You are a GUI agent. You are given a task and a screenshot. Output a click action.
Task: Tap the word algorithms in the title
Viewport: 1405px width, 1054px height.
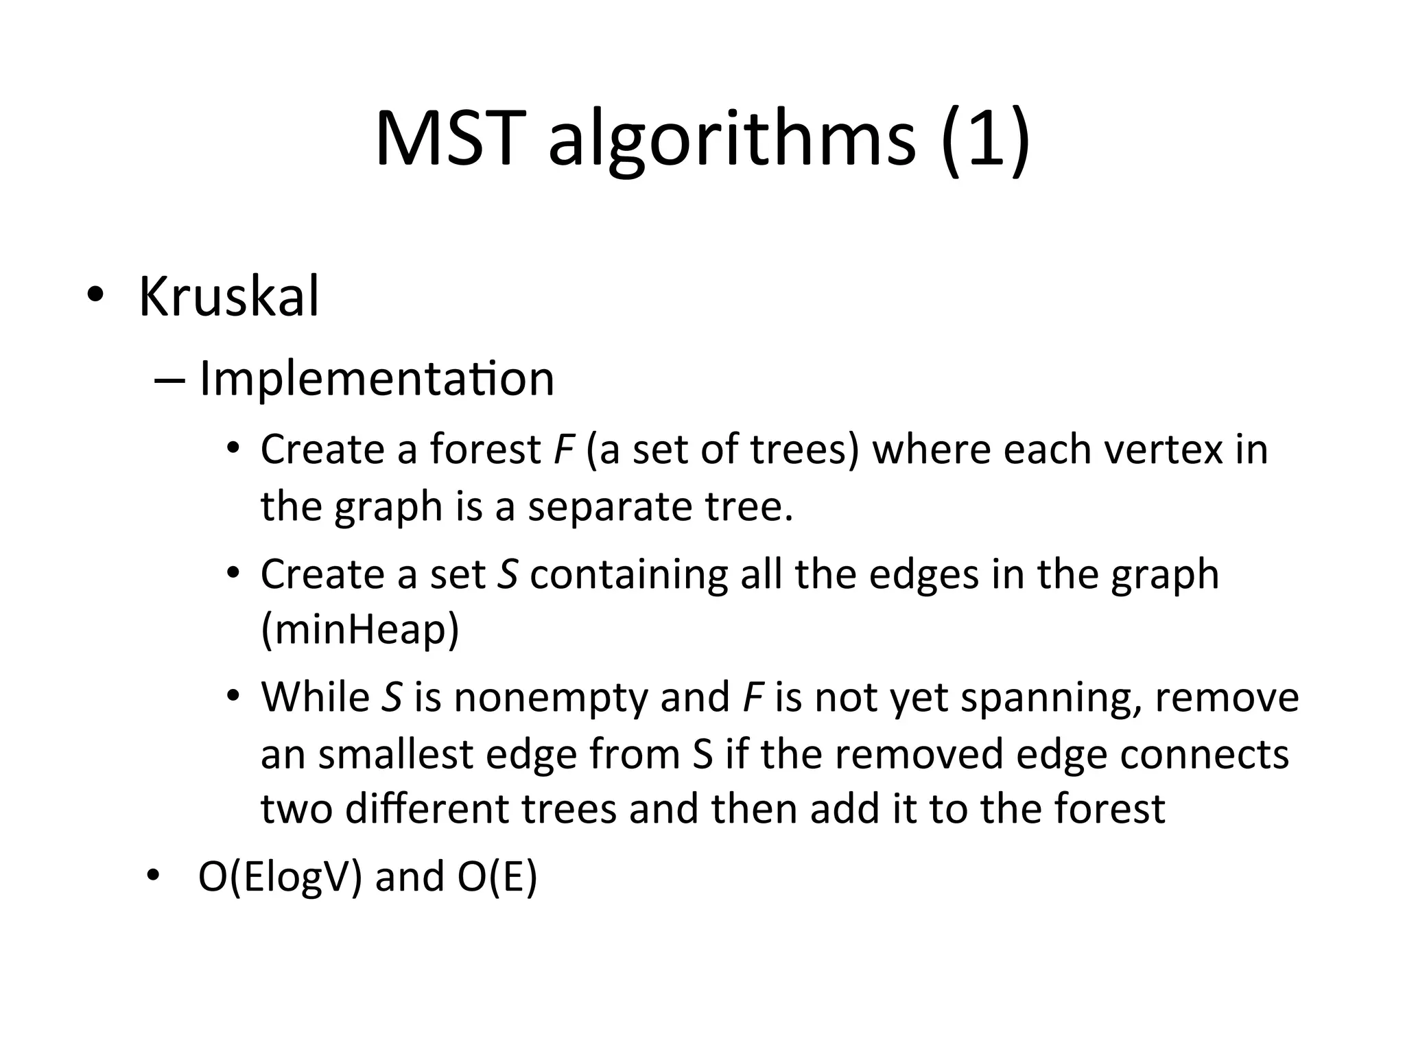click(x=731, y=141)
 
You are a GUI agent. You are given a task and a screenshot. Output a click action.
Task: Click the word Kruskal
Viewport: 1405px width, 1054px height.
click(x=228, y=297)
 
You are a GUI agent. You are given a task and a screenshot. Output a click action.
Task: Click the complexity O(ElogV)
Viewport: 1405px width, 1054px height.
click(x=280, y=877)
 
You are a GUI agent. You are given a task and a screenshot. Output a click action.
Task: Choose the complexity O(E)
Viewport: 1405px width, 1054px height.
click(x=497, y=877)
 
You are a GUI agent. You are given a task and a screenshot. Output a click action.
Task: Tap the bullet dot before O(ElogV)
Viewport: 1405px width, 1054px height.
click(x=152, y=875)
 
